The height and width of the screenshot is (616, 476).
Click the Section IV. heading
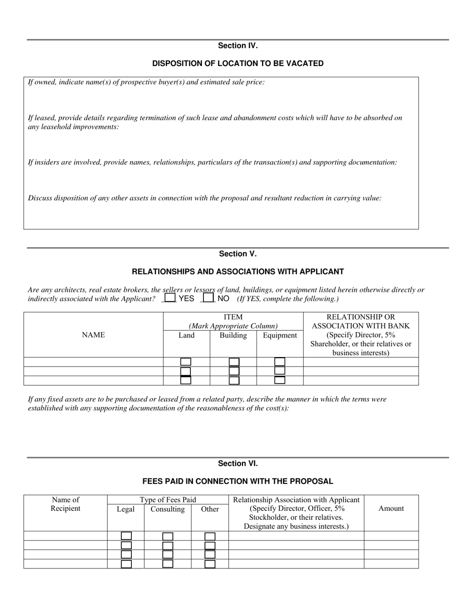coord(237,46)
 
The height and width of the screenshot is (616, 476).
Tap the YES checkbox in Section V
coord(170,298)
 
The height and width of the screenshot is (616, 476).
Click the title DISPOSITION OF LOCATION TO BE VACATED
coord(237,64)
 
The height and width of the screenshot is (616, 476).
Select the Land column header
coord(186,336)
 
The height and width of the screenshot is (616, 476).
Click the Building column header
coord(233,336)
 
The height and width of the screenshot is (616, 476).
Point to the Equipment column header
coord(280,336)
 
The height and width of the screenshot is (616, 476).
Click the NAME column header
coord(93,335)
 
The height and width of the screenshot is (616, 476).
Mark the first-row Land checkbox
coord(186,362)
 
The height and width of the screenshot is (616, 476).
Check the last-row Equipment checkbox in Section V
coord(280,380)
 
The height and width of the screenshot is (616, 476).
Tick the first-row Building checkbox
coord(233,362)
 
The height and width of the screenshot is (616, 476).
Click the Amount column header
coord(391,508)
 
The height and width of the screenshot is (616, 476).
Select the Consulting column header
coord(167,509)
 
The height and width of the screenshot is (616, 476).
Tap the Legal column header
coord(126,509)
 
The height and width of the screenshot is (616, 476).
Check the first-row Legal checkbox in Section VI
coord(126,536)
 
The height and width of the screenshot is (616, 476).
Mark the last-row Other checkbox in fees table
coord(210,564)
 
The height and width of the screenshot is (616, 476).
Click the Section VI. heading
coord(237,464)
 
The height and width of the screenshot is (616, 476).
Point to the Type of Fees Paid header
coord(168,500)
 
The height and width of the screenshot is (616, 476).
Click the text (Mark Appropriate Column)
coord(233,326)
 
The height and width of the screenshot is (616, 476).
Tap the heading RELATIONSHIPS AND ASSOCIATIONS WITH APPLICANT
coord(237,272)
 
